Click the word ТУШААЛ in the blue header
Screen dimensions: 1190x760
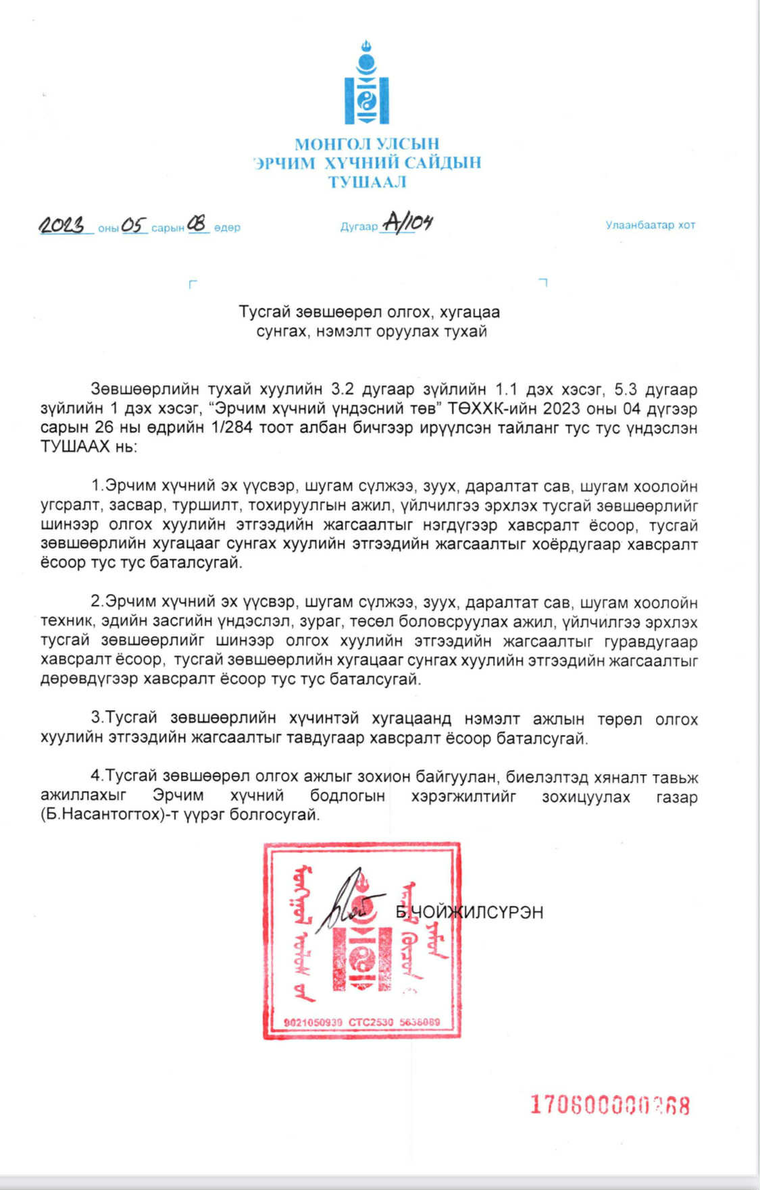pos(367,182)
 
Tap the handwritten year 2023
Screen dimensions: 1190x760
pos(65,225)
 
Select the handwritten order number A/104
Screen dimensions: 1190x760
pos(407,222)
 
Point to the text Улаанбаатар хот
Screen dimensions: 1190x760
pos(650,225)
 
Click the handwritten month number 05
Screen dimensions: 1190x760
pos(134,225)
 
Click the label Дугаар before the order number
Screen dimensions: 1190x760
pos(359,227)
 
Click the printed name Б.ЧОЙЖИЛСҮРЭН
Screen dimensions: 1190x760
pos(470,912)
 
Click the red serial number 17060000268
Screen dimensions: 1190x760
pos(609,1105)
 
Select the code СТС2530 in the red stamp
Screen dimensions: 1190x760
pos(371,1022)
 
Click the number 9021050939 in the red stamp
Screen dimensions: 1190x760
pos(313,1022)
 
